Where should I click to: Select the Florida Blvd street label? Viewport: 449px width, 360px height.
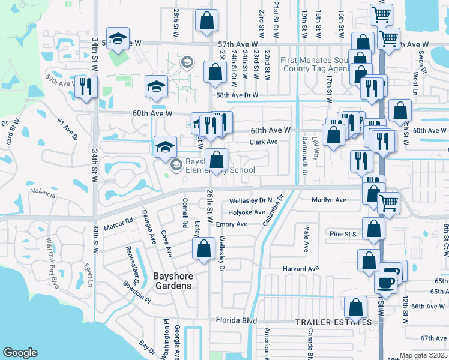pos(237,320)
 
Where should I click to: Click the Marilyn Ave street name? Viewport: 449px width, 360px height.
pos(329,200)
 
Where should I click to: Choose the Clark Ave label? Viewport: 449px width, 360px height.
pos(264,142)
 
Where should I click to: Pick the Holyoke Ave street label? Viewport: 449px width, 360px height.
pos(246,212)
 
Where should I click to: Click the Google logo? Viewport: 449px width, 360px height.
pos(20,353)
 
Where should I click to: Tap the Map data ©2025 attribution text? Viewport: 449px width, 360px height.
pos(424,355)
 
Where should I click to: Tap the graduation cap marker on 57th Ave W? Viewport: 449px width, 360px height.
pos(118,38)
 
